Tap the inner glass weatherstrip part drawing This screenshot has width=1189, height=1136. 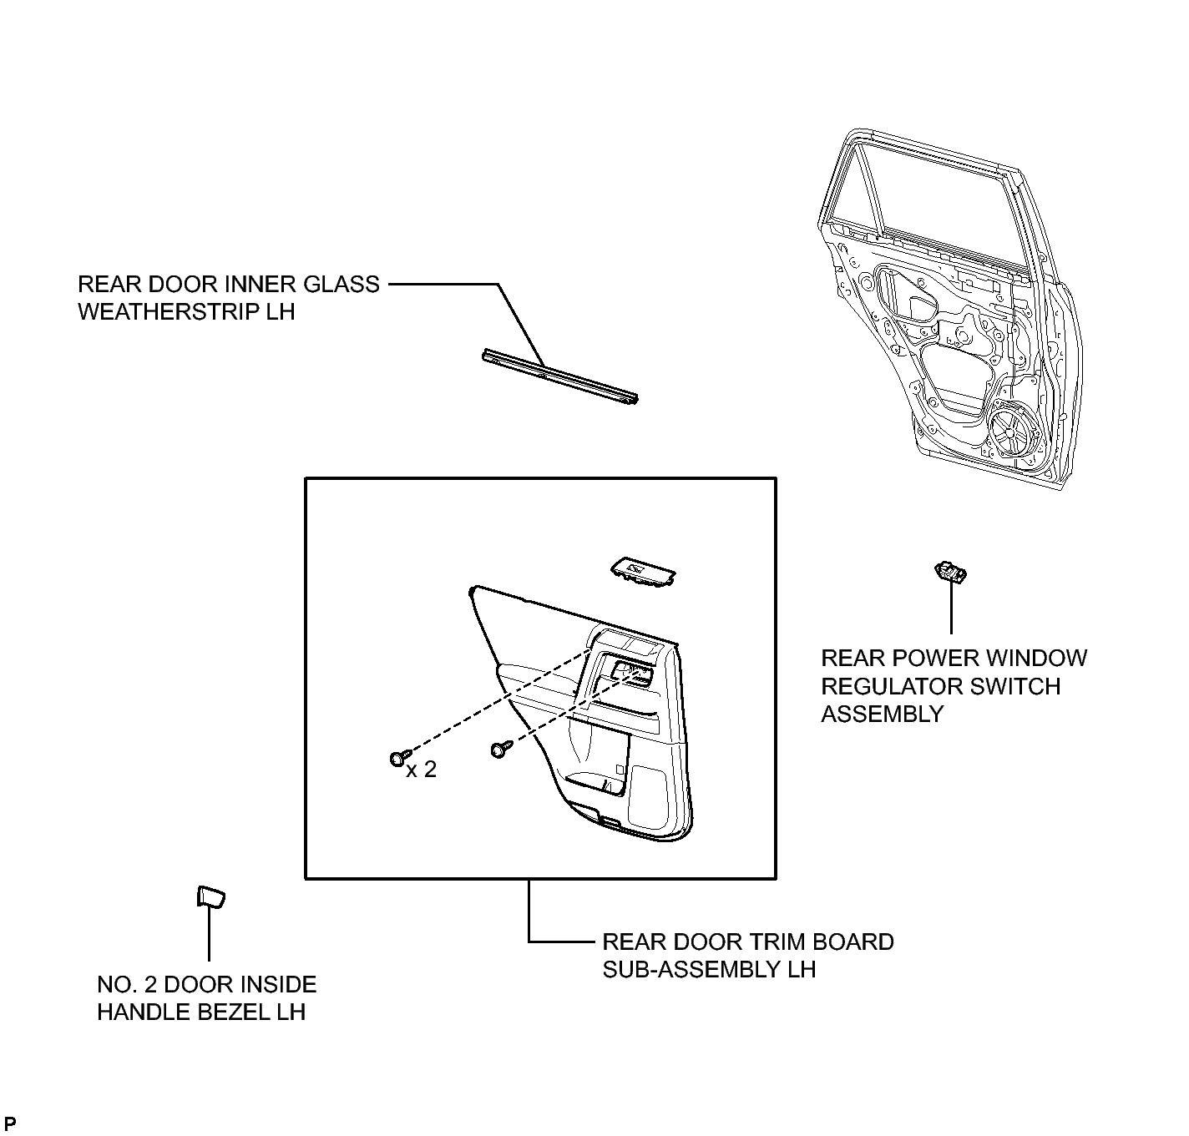560,376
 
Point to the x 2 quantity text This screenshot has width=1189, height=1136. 422,770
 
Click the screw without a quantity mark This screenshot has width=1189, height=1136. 501,749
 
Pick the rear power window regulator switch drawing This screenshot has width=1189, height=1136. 950,572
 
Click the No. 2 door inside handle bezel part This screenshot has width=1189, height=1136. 210,897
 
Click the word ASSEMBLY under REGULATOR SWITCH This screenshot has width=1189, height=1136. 883,714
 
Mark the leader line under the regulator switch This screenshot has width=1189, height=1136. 951,608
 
